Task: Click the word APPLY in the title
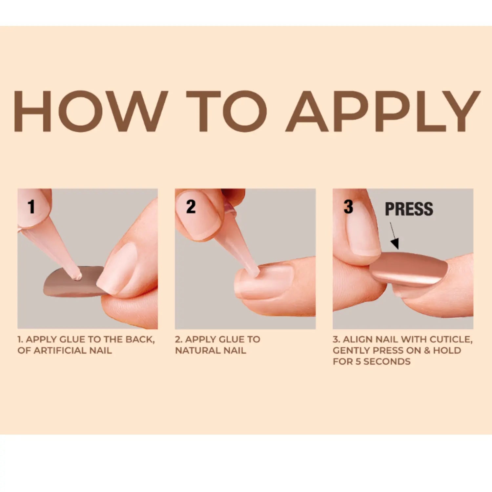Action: pos(383,111)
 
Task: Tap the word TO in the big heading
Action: pos(227,111)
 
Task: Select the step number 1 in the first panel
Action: pos(31,207)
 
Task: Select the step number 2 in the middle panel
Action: pos(191,207)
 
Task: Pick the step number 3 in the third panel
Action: pos(348,207)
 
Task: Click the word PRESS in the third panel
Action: pos(409,209)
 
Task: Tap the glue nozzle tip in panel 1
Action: pos(78,277)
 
